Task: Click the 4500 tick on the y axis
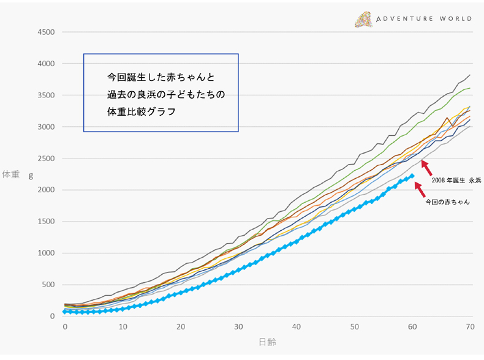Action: click(x=46, y=32)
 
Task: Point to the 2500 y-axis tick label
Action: click(x=46, y=159)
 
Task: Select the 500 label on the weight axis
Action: click(x=48, y=285)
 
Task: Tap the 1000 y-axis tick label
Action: click(x=46, y=253)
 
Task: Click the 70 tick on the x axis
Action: click(x=471, y=327)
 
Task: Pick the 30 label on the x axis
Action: click(x=238, y=327)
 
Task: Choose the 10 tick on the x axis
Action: click(x=123, y=327)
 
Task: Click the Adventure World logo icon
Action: click(x=363, y=19)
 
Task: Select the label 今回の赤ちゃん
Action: click(x=447, y=201)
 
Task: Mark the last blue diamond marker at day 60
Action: click(x=412, y=176)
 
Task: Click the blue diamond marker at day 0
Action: click(x=64, y=312)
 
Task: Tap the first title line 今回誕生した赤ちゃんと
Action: click(x=161, y=78)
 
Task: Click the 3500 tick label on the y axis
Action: click(x=46, y=95)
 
